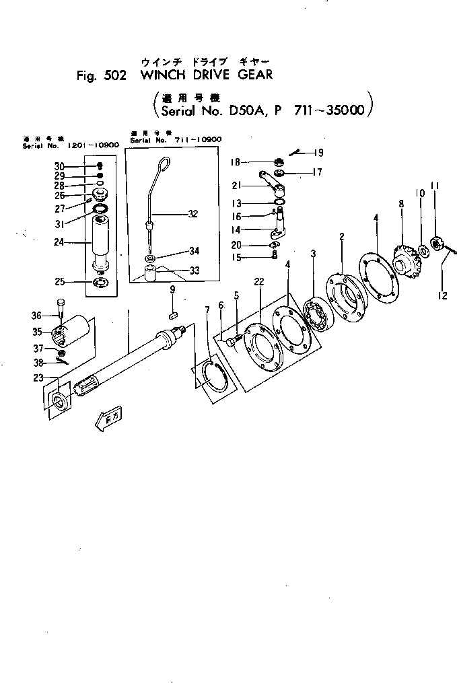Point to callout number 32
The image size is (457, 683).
point(193,215)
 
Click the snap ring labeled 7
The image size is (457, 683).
point(215,375)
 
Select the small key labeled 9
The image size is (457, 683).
point(172,312)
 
